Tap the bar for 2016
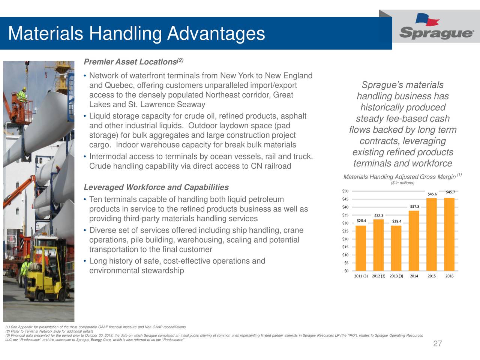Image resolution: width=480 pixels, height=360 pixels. [449, 234]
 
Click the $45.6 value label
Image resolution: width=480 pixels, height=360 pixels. [432, 194]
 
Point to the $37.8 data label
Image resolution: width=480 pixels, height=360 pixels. [414, 207]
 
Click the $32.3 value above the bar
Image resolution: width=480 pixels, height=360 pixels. [379, 215]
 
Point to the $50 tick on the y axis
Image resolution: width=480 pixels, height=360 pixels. [345, 191]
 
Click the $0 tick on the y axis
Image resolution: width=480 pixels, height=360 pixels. [346, 271]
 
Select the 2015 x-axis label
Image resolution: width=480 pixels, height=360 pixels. [432, 276]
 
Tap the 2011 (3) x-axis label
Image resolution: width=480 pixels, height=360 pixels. [361, 276]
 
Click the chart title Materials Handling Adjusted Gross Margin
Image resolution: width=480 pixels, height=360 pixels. [399, 177]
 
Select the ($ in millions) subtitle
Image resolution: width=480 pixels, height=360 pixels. [402, 183]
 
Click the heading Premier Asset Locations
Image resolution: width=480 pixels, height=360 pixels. [130, 62]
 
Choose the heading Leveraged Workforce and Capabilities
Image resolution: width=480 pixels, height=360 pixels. [156, 187]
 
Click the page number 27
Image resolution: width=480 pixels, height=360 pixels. [437, 344]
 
